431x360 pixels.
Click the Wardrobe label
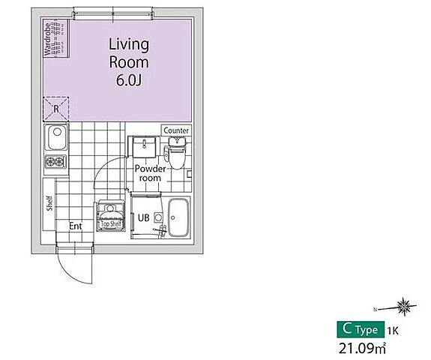tap(47, 39)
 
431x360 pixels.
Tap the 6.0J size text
tap(129, 80)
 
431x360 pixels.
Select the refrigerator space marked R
tap(56, 109)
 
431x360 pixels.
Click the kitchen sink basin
tap(56, 137)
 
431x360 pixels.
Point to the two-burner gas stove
tap(55, 161)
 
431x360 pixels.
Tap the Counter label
tap(176, 130)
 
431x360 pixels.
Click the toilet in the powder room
tap(176, 153)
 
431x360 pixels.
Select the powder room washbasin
tap(145, 146)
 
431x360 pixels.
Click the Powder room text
tap(150, 173)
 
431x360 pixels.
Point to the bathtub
tap(178, 217)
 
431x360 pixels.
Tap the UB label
tap(143, 217)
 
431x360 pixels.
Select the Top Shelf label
tap(111, 223)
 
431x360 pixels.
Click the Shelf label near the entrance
tap(49, 203)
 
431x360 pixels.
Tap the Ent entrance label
tap(75, 226)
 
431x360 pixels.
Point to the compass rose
tap(403, 306)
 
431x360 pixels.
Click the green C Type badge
tap(361, 329)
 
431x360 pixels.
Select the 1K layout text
tap(393, 331)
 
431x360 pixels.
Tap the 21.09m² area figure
tap(362, 348)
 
